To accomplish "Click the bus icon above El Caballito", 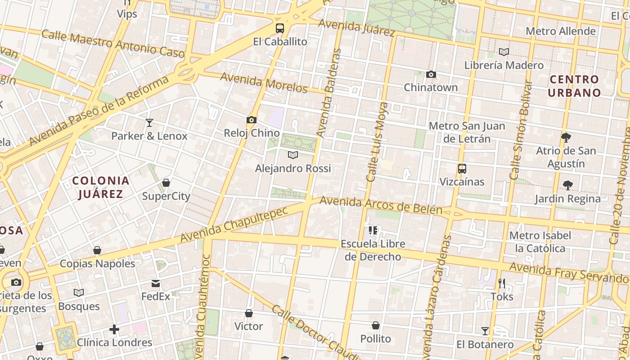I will click(280, 28).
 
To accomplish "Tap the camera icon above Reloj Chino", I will click(252, 120).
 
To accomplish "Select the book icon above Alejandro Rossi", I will click(293, 155).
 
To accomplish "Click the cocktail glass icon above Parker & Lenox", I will click(149, 122).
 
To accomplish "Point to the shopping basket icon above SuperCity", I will click(166, 183).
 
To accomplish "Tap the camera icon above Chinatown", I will click(431, 74).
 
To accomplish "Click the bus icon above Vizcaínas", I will click(462, 169).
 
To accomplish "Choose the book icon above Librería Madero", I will click(504, 52).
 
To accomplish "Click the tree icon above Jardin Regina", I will click(567, 185).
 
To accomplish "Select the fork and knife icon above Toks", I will click(502, 283).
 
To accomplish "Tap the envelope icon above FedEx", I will click(156, 283).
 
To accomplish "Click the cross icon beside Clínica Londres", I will click(114, 329).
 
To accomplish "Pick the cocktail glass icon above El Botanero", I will click(485, 331).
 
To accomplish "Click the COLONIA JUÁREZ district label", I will click(101, 188).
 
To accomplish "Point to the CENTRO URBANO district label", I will click(575, 86).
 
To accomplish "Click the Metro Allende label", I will click(561, 31).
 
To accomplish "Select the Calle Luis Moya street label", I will click(377, 142).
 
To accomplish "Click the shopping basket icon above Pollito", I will click(376, 325).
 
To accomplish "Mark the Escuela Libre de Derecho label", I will click(373, 250).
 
